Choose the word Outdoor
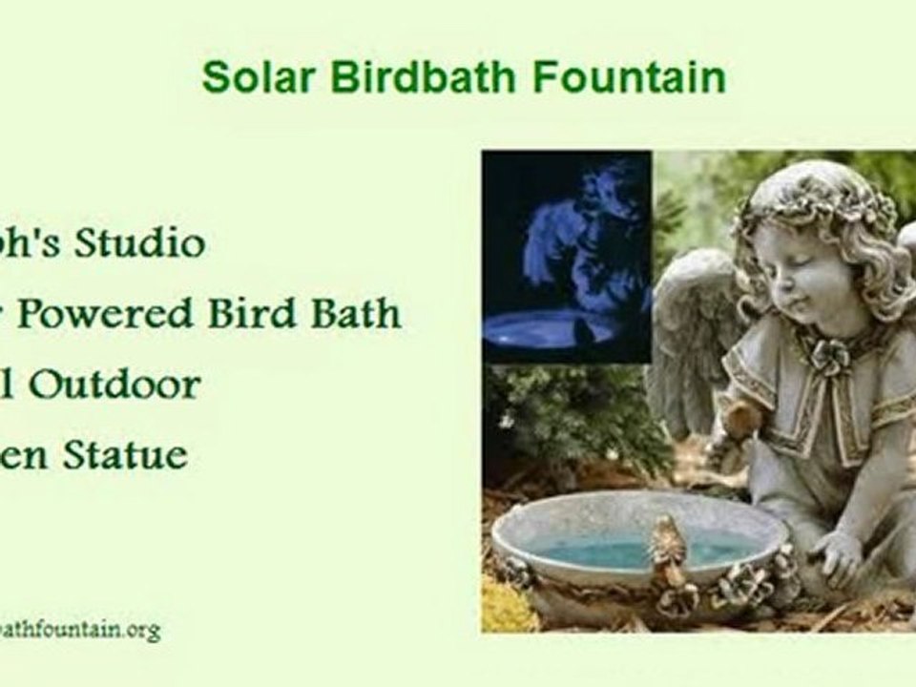pos(114,385)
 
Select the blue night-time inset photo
pos(567,256)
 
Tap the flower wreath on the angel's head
pos(821,200)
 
